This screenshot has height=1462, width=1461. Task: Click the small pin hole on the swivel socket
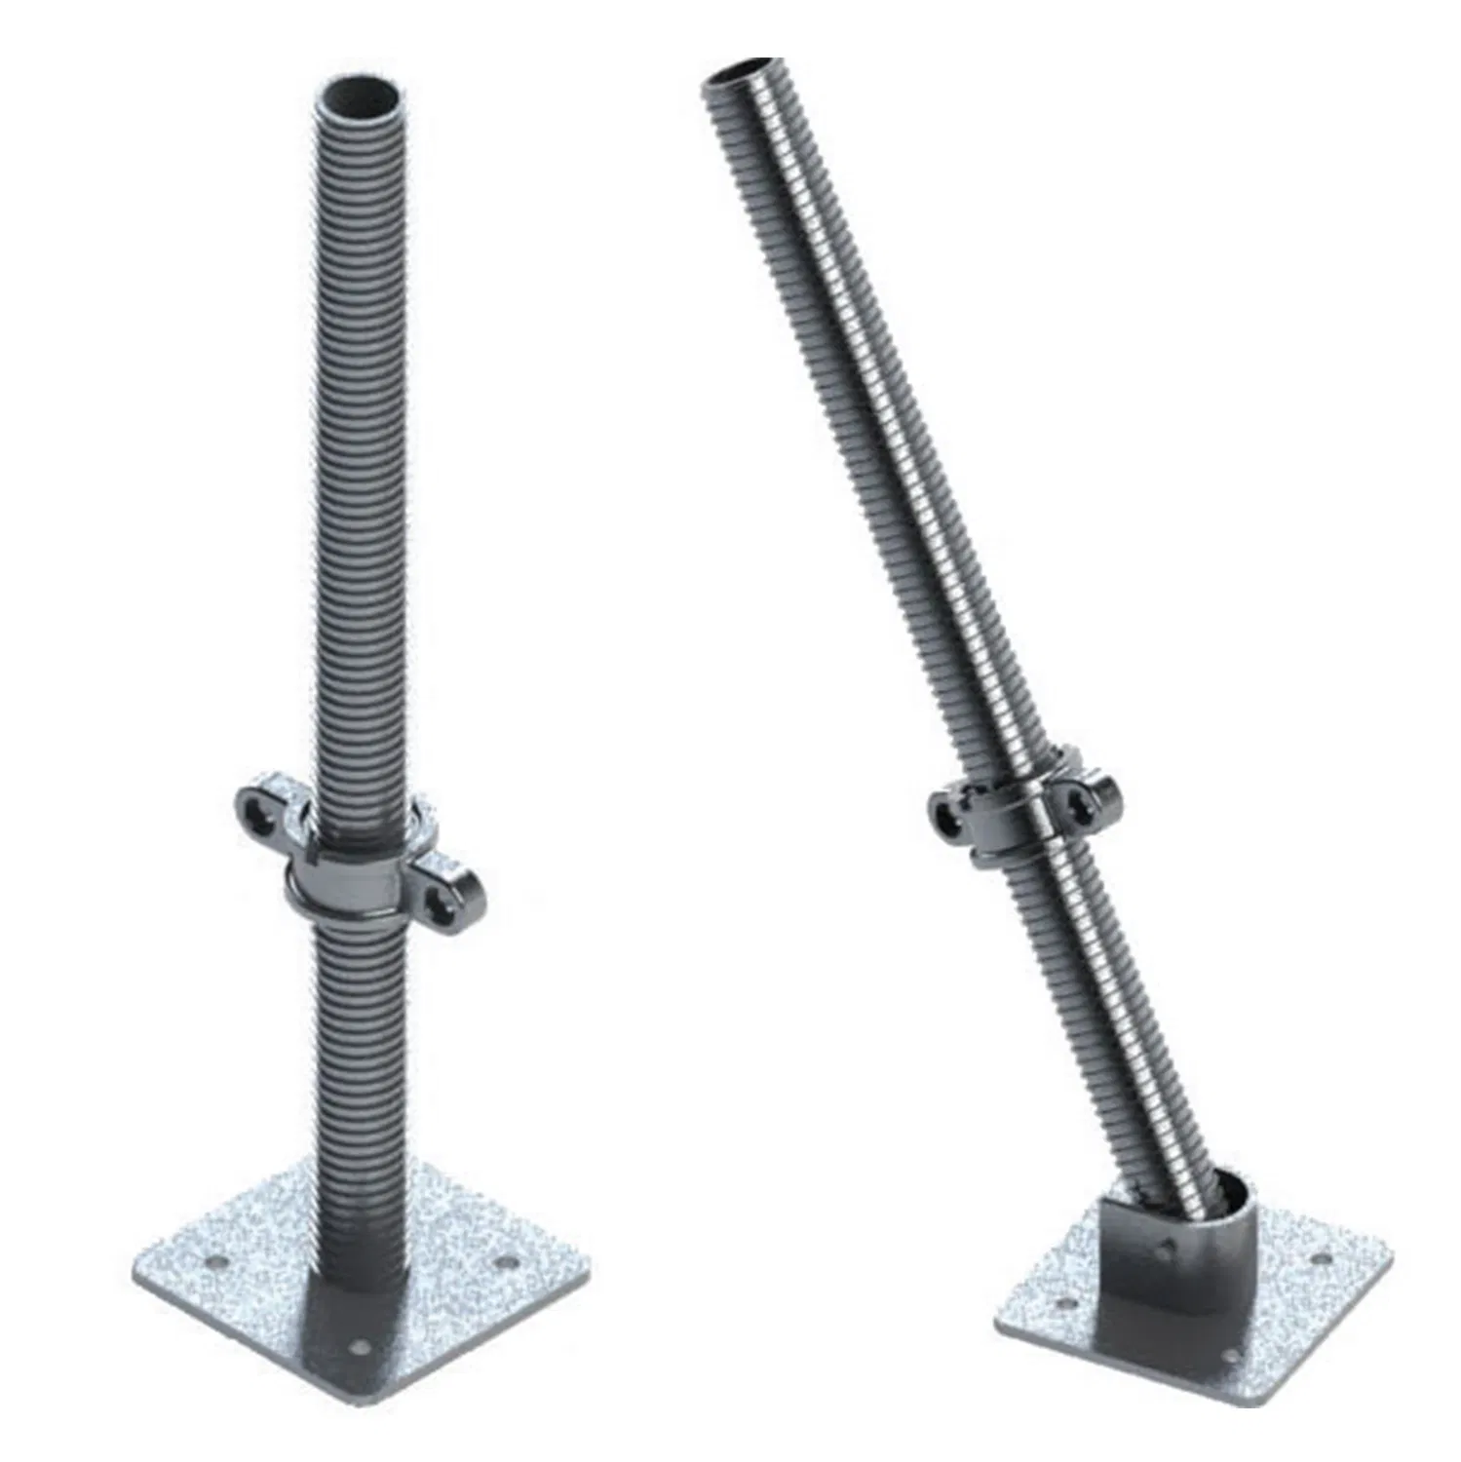coord(1166,1245)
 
